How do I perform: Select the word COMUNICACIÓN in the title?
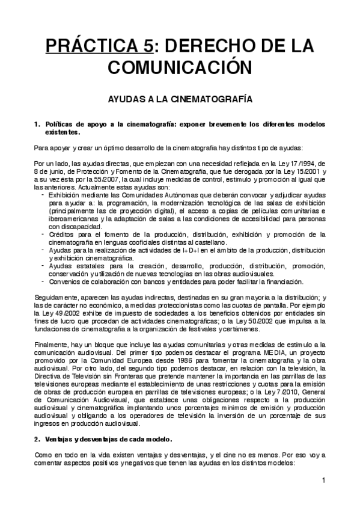[180, 69]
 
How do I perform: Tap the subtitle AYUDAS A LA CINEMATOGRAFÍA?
[180, 98]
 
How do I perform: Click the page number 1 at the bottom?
[323, 480]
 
